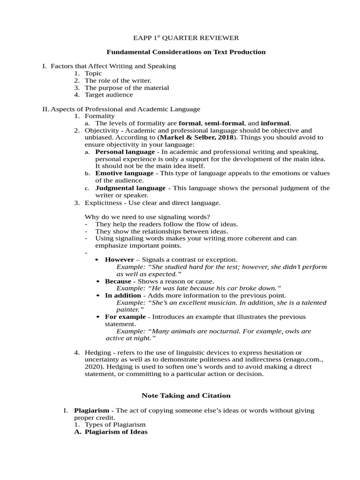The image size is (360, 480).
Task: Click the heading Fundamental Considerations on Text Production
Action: click(x=186, y=52)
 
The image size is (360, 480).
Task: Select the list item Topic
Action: click(x=93, y=74)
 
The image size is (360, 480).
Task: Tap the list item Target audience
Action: click(x=109, y=95)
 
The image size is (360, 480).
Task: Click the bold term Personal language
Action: click(x=125, y=152)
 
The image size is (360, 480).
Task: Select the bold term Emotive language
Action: click(x=124, y=173)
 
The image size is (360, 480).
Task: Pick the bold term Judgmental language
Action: click(x=130, y=188)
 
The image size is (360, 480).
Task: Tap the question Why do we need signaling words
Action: click(x=147, y=217)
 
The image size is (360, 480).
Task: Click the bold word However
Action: click(x=119, y=260)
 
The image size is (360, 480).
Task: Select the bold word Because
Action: click(x=118, y=281)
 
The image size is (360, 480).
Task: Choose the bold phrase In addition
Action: click(x=123, y=296)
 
